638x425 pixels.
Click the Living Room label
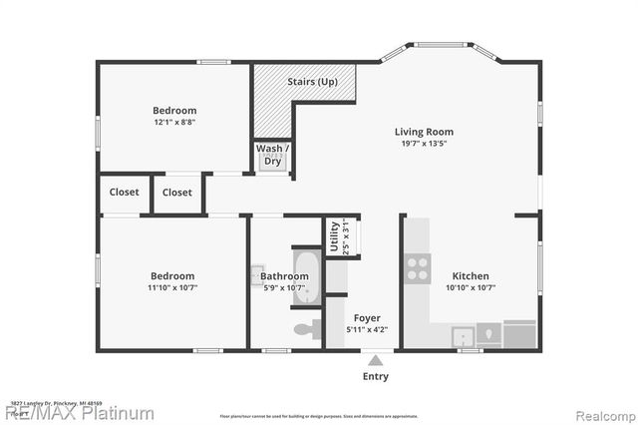point(424,132)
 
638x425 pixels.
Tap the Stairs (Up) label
point(311,81)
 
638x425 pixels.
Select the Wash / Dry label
point(272,155)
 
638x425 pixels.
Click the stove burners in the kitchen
point(417,267)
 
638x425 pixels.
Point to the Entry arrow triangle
point(375,360)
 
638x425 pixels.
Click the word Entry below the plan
point(375,376)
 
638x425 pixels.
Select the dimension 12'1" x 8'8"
point(174,124)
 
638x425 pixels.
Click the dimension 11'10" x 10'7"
point(172,288)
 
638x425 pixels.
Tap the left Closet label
point(125,193)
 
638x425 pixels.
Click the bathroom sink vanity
point(258,274)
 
